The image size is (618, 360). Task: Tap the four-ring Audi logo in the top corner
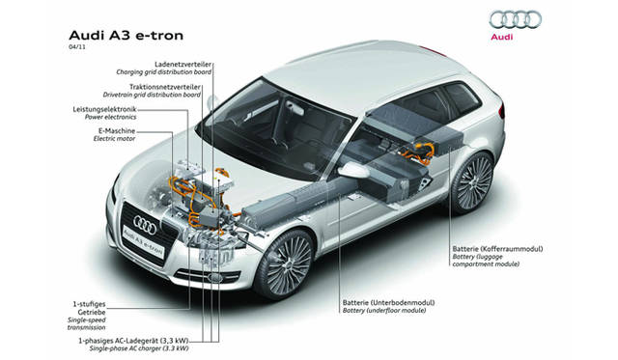pyautogui.click(x=515, y=20)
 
